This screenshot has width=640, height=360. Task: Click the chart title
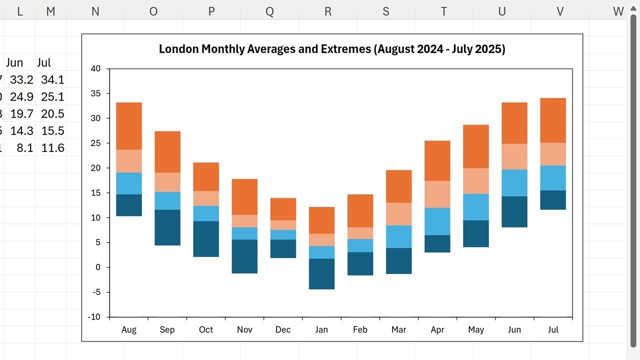pyautogui.click(x=332, y=49)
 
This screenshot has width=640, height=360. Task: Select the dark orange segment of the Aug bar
pyautogui.click(x=129, y=126)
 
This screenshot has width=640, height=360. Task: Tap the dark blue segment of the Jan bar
pyautogui.click(x=321, y=274)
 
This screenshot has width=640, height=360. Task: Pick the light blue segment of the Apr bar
pyautogui.click(x=437, y=221)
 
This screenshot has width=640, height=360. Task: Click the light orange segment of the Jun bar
pyautogui.click(x=514, y=156)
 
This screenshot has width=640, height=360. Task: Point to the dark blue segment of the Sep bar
pyautogui.click(x=167, y=227)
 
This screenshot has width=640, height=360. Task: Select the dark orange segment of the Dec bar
pyautogui.click(x=283, y=209)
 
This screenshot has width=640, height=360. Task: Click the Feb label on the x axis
pyautogui.click(x=360, y=329)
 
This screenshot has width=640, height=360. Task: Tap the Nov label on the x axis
pyautogui.click(x=244, y=329)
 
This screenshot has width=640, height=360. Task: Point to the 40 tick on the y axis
pyautogui.click(x=95, y=68)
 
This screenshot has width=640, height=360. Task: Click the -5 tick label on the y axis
pyautogui.click(x=96, y=292)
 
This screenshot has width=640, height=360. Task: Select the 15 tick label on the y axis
pyautogui.click(x=95, y=193)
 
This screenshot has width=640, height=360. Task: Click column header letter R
pyautogui.click(x=328, y=11)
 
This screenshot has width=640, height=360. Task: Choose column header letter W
pyautogui.click(x=618, y=11)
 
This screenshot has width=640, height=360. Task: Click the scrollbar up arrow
pyautogui.click(x=633, y=8)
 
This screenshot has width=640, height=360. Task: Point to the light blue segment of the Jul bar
pyautogui.click(x=553, y=178)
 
